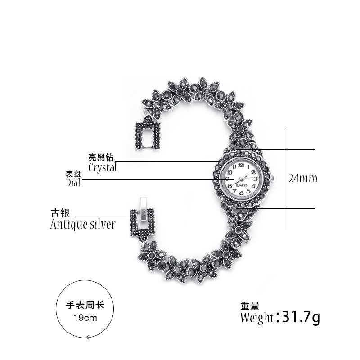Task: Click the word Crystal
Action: click(x=102, y=168)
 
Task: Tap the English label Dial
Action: click(x=73, y=183)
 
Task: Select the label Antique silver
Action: click(x=82, y=224)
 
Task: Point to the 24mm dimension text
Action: click(x=303, y=179)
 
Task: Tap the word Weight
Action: click(x=257, y=318)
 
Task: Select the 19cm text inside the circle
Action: click(x=85, y=317)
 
